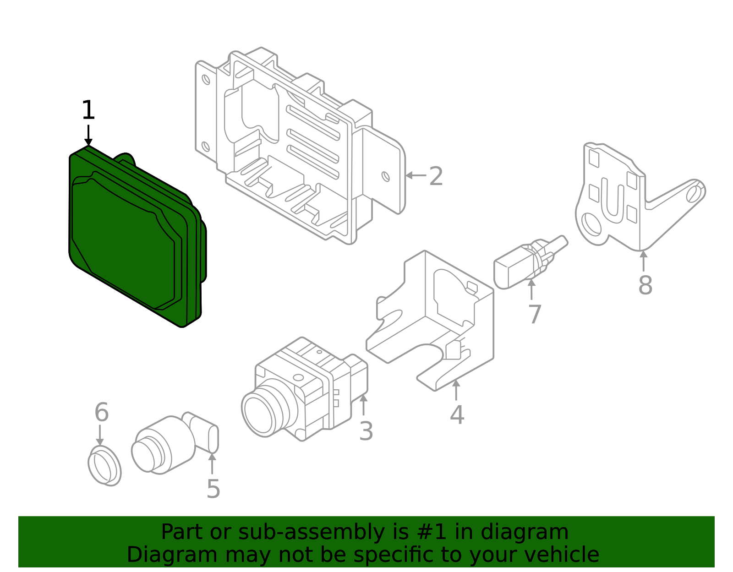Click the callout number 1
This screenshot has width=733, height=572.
[x=88, y=111]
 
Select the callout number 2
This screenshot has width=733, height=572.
[x=436, y=176]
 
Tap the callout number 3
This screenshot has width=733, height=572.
[x=366, y=431]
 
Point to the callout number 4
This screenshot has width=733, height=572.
[x=457, y=414]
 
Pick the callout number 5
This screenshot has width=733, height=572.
[x=213, y=489]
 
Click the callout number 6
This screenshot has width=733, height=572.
[x=101, y=412]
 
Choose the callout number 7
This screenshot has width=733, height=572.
[x=535, y=314]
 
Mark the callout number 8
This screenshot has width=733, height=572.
[x=645, y=285]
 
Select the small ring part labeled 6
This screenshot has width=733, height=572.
[x=104, y=465]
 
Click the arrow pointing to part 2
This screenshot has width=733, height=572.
[x=415, y=175]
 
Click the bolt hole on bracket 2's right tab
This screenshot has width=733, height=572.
[x=386, y=176]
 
